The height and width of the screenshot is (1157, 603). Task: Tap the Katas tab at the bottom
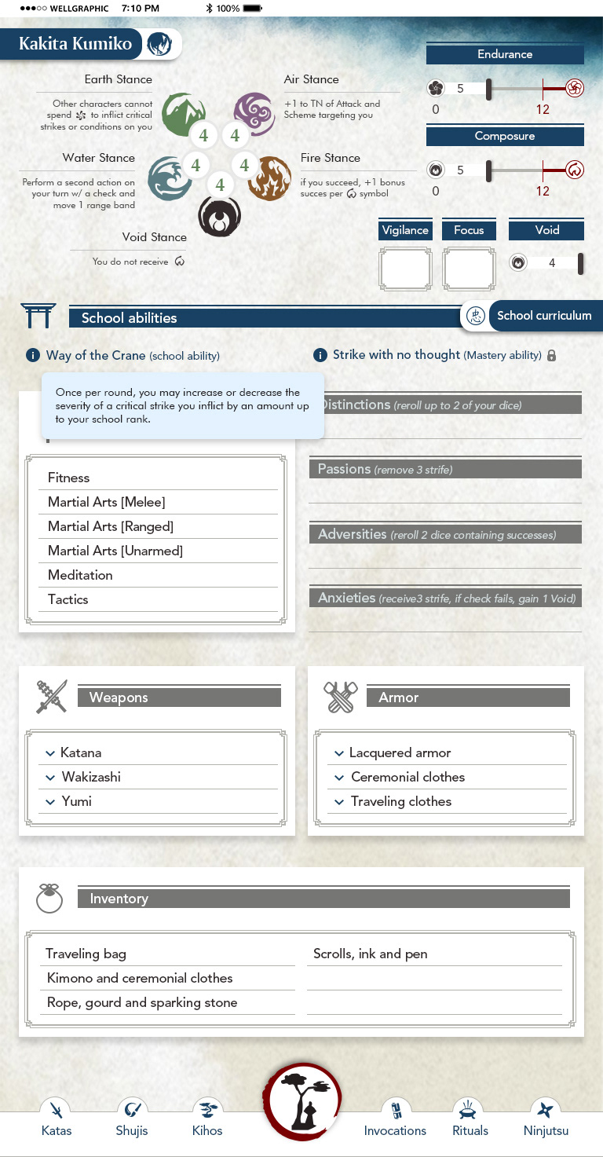(57, 1119)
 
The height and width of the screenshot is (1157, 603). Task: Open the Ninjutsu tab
(546, 1119)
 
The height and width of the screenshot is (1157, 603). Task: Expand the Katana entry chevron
(50, 753)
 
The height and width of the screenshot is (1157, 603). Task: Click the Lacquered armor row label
(400, 752)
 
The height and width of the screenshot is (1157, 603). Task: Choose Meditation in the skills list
(80, 575)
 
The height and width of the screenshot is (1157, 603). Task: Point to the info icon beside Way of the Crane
(33, 356)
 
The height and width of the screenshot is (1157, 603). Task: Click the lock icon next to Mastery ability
(551, 356)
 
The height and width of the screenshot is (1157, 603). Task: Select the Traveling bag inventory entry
(86, 954)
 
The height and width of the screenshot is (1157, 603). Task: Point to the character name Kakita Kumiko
(75, 44)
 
